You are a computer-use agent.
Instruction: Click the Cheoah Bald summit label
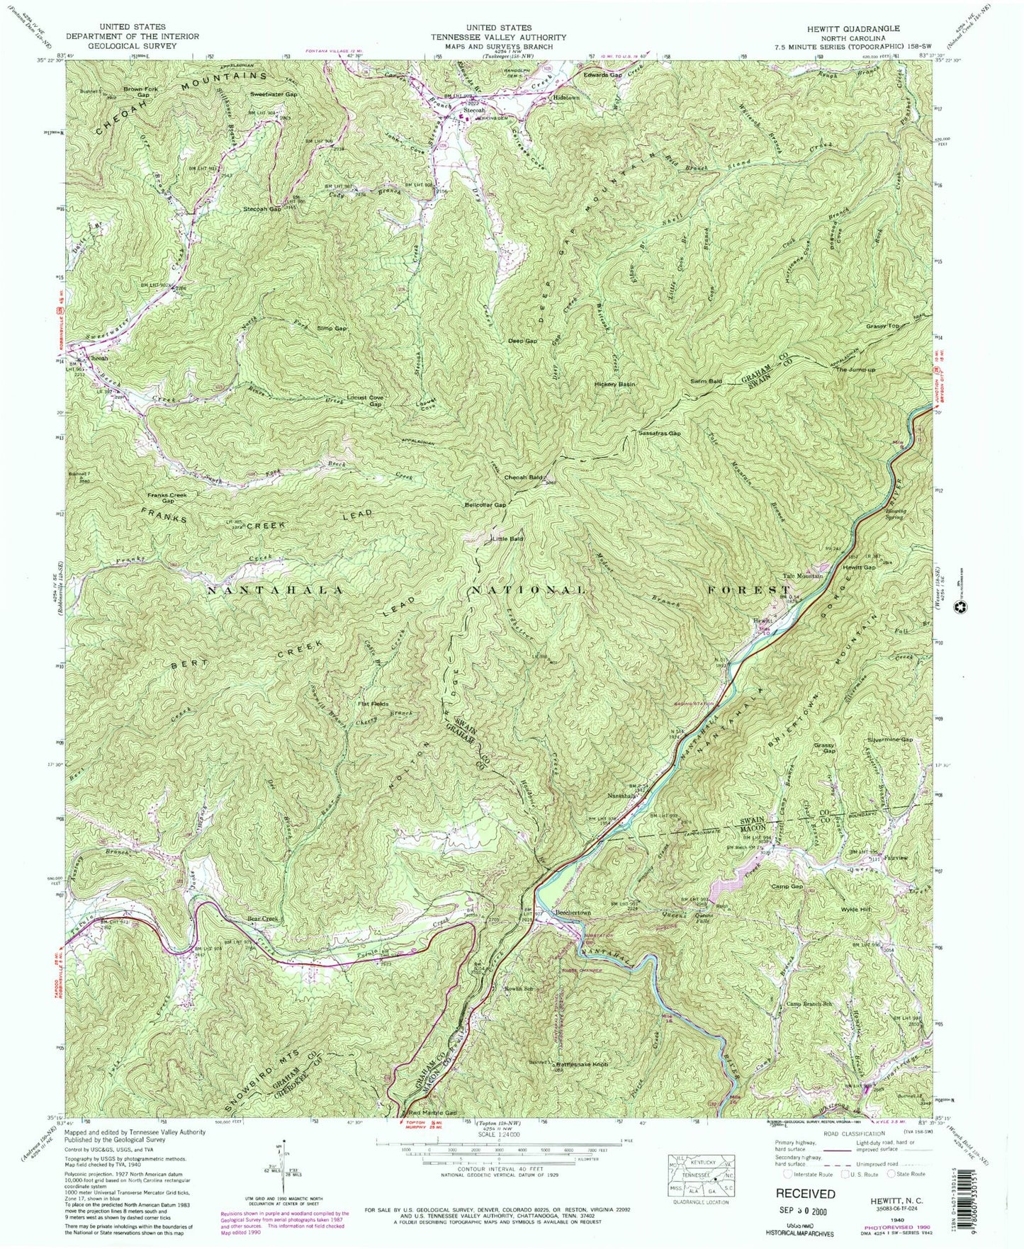click(524, 477)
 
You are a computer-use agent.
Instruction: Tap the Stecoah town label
click(474, 111)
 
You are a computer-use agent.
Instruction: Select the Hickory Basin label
click(615, 384)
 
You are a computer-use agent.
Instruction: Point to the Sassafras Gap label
click(659, 433)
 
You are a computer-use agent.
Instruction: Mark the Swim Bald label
click(707, 381)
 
